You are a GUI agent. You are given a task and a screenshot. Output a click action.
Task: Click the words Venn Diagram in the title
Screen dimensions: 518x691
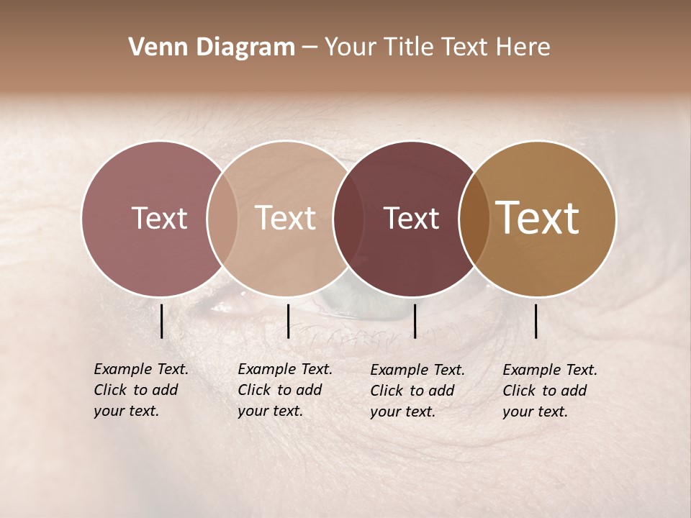click(212, 47)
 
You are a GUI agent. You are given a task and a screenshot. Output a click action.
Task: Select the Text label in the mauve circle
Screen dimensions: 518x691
click(159, 219)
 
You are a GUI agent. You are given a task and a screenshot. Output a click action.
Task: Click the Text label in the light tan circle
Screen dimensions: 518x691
click(286, 219)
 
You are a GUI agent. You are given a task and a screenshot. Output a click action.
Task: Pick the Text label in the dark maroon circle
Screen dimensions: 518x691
click(411, 219)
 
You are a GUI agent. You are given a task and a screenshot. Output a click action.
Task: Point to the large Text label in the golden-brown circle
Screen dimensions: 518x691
click(538, 218)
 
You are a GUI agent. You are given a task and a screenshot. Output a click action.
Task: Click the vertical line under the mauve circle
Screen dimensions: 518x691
click(161, 321)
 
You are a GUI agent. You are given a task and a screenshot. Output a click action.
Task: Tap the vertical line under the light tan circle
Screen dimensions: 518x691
click(288, 321)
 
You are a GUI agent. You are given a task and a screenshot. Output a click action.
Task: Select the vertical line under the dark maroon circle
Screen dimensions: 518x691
click(415, 321)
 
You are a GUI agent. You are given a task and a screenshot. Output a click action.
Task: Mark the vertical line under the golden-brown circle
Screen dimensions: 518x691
click(536, 321)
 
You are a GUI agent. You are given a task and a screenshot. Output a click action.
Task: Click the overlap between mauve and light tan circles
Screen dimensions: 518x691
click(222, 219)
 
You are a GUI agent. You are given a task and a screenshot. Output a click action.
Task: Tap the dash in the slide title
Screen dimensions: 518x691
click(310, 48)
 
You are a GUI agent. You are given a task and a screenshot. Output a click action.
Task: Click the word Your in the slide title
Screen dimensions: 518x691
click(350, 47)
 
